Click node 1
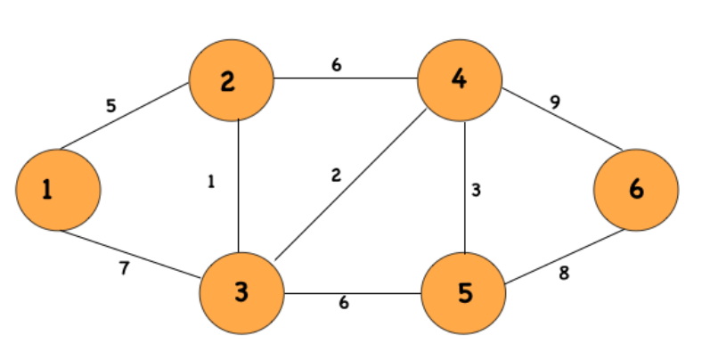tap(58, 189)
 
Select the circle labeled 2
tap(230, 82)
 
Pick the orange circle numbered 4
tap(460, 79)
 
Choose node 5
tap(463, 291)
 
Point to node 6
tap(635, 189)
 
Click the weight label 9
tap(554, 102)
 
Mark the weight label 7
tap(124, 268)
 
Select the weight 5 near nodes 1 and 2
tap(110, 106)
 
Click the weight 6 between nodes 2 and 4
tap(337, 65)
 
